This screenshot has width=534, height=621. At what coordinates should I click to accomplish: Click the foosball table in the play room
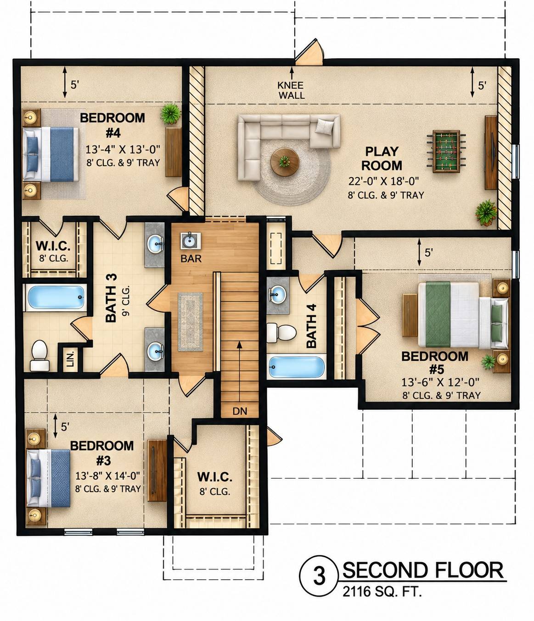coord(446,151)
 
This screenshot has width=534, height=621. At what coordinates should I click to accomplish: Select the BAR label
coord(191,259)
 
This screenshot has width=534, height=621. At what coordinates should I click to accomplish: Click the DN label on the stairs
coord(240,411)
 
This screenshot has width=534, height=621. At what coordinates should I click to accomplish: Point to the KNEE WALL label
coord(291,90)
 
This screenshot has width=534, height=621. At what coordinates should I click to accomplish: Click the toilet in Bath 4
coord(281,333)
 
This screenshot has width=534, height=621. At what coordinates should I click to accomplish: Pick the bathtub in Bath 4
coord(296,367)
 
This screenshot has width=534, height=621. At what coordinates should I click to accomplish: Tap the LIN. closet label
coord(70,359)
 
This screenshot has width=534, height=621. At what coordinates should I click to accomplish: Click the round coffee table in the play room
coord(284,162)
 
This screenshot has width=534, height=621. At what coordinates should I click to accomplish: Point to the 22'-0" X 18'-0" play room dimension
coord(383,181)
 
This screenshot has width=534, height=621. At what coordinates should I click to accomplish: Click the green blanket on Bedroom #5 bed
coord(438,314)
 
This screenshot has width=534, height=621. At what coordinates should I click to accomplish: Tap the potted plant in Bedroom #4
coord(171,113)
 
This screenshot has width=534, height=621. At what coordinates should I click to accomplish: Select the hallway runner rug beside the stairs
coord(190,322)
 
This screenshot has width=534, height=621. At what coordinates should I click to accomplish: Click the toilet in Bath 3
coord(39,355)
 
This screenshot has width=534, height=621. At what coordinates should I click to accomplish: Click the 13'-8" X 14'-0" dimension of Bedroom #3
coord(107,476)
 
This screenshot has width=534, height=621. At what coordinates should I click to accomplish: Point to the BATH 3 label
coord(111,298)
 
